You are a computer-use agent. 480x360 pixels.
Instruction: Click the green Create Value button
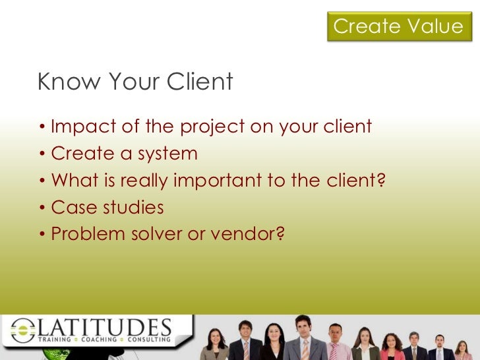pyautogui.click(x=398, y=26)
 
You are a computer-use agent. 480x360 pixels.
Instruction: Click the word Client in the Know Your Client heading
pyautogui.click(x=200, y=82)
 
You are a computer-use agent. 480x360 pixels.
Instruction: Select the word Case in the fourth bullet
pyautogui.click(x=70, y=208)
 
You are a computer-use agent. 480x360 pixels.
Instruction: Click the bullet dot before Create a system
pyautogui.click(x=42, y=154)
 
